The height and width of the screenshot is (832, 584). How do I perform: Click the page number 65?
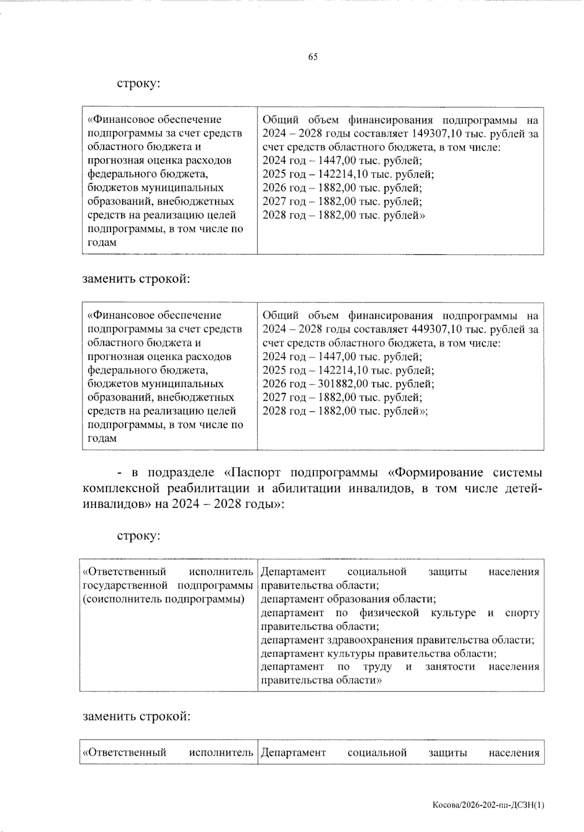pos(313,57)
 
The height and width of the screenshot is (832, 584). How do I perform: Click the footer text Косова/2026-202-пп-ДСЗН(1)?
pos(488,805)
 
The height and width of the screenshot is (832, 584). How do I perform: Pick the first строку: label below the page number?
pos(139,84)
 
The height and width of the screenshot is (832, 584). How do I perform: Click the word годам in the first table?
pos(102,242)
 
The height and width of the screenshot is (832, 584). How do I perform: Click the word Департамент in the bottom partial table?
pos(293,753)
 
